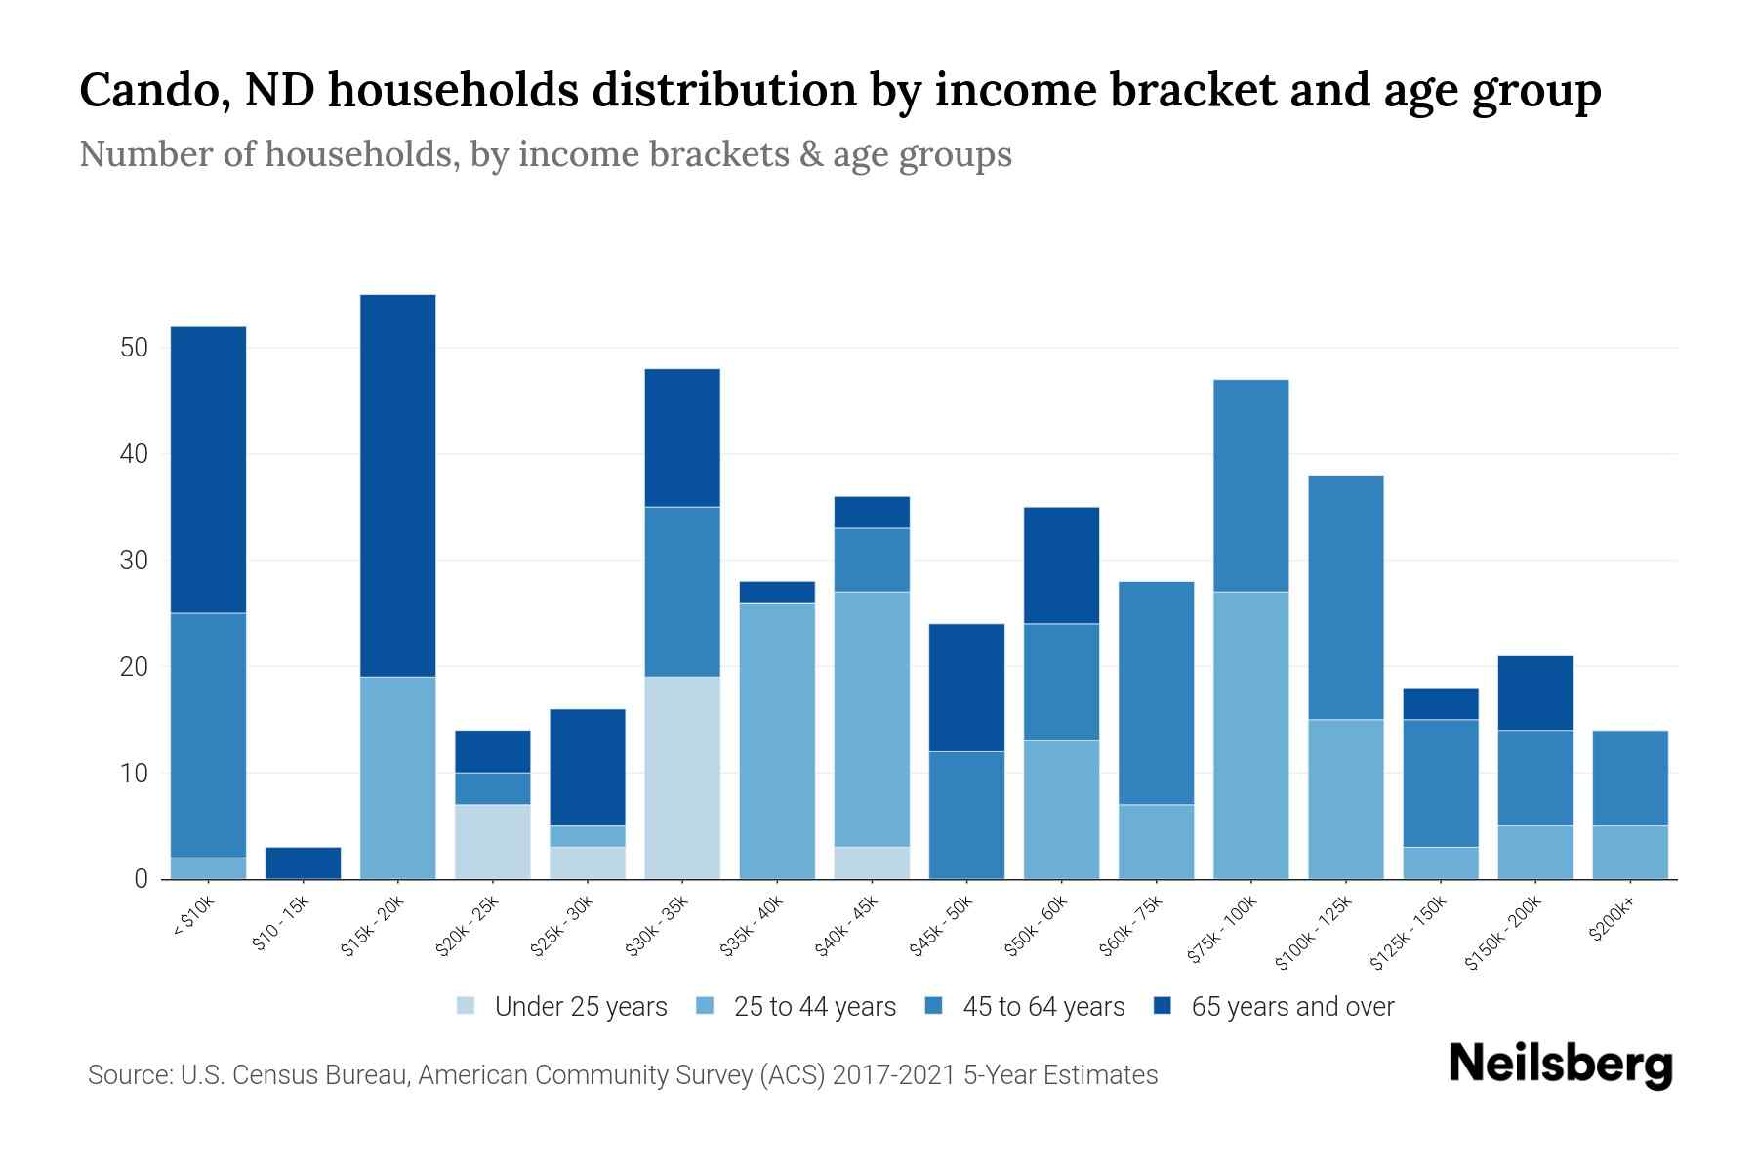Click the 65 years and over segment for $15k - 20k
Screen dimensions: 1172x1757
(397, 485)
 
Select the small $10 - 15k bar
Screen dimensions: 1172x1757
(303, 863)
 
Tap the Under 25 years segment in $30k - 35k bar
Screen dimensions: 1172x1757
(682, 777)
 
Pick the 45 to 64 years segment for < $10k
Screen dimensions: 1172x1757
(208, 735)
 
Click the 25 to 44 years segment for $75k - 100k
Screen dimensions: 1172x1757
(1250, 735)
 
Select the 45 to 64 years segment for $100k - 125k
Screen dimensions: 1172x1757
(1345, 598)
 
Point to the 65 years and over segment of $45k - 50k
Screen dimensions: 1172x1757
(966, 688)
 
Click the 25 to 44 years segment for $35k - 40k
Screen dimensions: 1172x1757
(777, 740)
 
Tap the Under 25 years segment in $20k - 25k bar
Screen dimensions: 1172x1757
(492, 841)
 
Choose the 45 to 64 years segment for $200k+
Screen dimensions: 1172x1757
(1629, 777)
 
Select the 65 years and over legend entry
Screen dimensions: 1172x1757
(1274, 1007)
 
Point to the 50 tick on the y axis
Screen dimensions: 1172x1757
(134, 348)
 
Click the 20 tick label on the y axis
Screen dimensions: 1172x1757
(134, 667)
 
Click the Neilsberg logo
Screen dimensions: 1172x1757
(1560, 1065)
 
